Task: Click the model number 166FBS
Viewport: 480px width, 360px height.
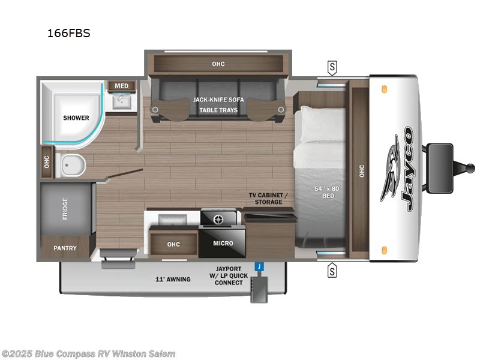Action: [68, 34]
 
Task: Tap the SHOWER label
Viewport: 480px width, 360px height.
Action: [76, 118]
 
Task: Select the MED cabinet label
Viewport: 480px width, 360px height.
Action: [121, 86]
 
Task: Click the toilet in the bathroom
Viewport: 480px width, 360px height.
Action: [74, 164]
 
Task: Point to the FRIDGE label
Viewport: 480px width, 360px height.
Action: [65, 208]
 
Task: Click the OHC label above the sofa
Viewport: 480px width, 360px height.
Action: [218, 64]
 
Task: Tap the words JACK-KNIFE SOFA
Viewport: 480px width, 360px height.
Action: [217, 100]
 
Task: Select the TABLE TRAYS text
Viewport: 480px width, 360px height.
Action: [219, 110]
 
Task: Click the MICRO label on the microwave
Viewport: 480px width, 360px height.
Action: [223, 243]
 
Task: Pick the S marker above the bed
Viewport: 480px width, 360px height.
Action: [332, 67]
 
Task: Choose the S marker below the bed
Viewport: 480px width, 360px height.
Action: [332, 271]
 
